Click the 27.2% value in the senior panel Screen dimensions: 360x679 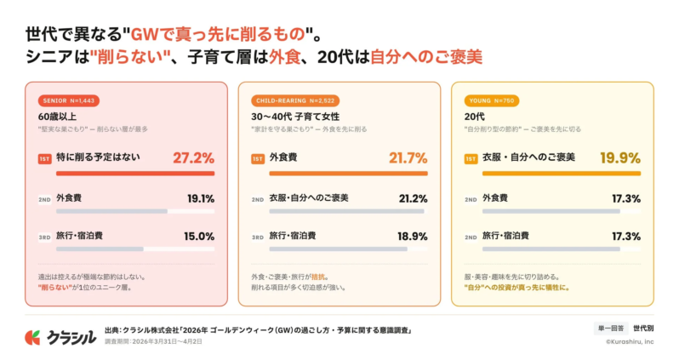(x=193, y=157)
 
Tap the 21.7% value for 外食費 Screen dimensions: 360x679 (x=408, y=157)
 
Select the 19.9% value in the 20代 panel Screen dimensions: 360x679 (x=620, y=157)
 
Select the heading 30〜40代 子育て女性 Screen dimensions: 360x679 (x=294, y=116)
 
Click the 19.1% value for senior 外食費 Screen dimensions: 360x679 (x=200, y=198)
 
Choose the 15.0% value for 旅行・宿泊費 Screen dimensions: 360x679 (x=199, y=236)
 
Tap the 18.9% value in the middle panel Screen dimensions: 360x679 (x=413, y=236)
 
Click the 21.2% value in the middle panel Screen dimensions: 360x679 (x=413, y=198)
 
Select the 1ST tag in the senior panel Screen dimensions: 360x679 (x=45, y=158)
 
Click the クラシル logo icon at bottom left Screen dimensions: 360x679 (x=32, y=337)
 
